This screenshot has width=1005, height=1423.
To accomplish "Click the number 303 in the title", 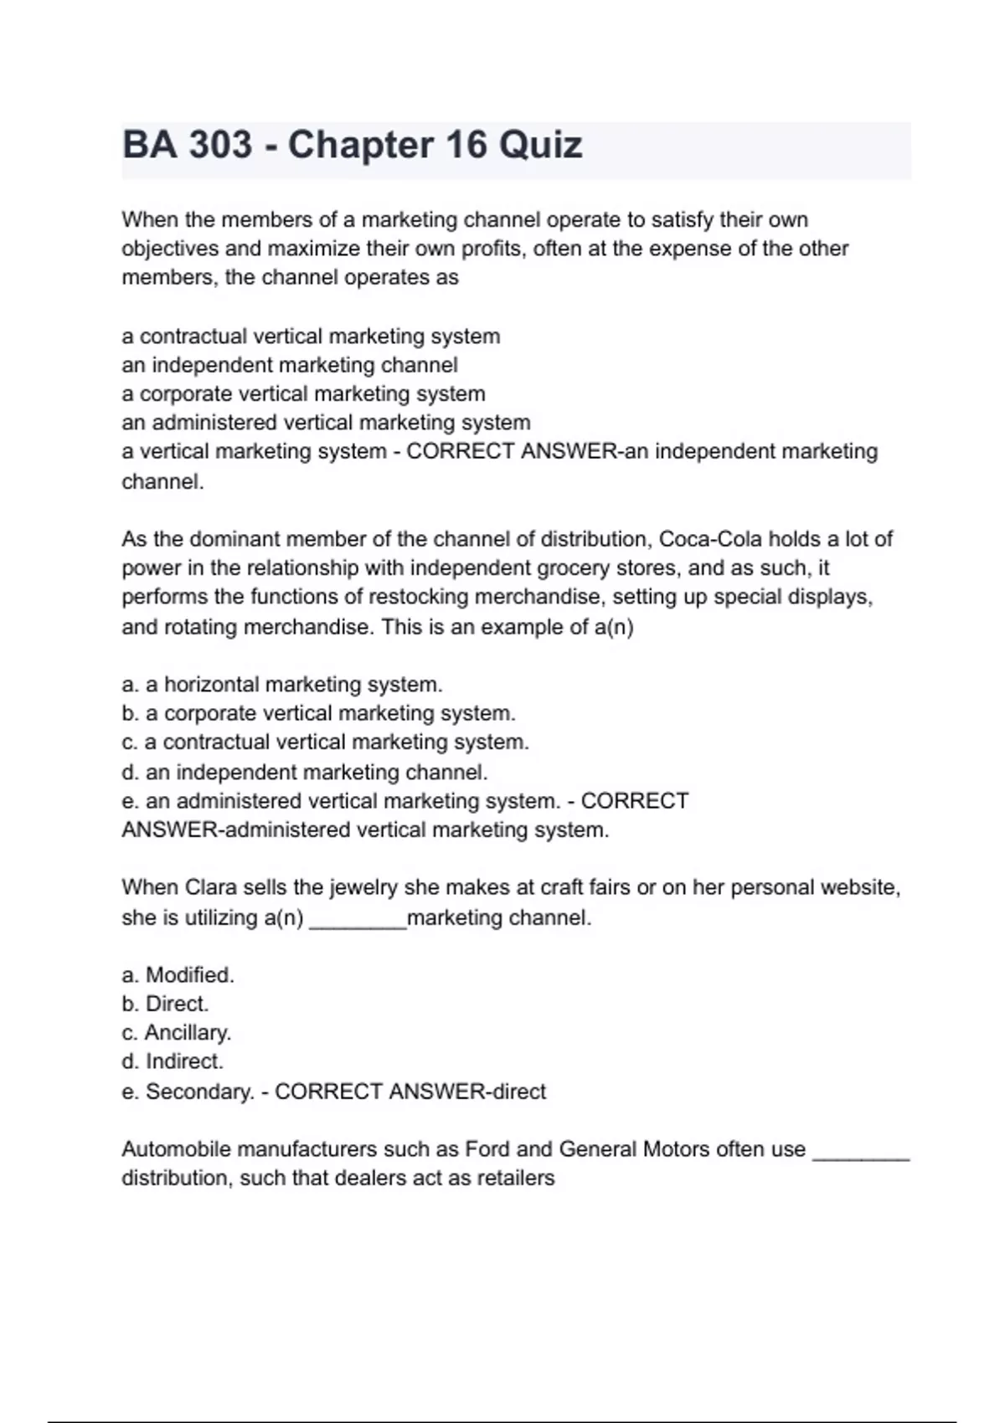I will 220,145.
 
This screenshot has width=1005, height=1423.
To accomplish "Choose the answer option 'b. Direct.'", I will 165,1004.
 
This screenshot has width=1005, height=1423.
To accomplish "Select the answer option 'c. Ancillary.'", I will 176,1033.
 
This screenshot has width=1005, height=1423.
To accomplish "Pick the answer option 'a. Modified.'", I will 178,975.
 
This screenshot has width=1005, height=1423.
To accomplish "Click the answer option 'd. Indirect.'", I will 173,1061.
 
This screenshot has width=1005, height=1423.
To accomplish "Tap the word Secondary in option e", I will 199,1092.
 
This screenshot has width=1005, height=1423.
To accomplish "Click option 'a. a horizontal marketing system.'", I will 282,685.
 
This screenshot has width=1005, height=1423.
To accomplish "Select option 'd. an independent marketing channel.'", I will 305,772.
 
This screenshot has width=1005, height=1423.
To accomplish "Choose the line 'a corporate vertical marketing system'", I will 303,393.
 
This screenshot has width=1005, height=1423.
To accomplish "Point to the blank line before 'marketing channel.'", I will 358,919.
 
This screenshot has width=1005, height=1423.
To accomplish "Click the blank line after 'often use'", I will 861,1151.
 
